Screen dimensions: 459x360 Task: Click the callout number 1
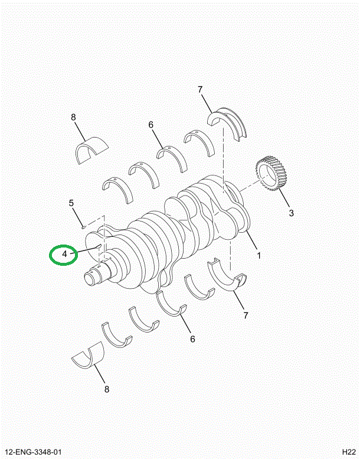point(258,256)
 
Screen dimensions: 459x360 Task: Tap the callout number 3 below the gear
point(290,213)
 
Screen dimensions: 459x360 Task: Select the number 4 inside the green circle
point(65,255)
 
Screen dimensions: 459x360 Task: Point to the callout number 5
point(71,203)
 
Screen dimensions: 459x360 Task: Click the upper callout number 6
point(150,125)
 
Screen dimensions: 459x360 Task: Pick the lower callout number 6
point(192,338)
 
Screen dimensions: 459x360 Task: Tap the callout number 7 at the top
point(200,89)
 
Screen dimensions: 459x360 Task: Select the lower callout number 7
point(245,315)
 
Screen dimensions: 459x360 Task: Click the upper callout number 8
point(74,118)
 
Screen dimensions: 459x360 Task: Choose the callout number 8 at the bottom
point(106,389)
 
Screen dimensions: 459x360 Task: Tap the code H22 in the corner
point(346,453)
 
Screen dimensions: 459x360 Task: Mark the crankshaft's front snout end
point(94,276)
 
